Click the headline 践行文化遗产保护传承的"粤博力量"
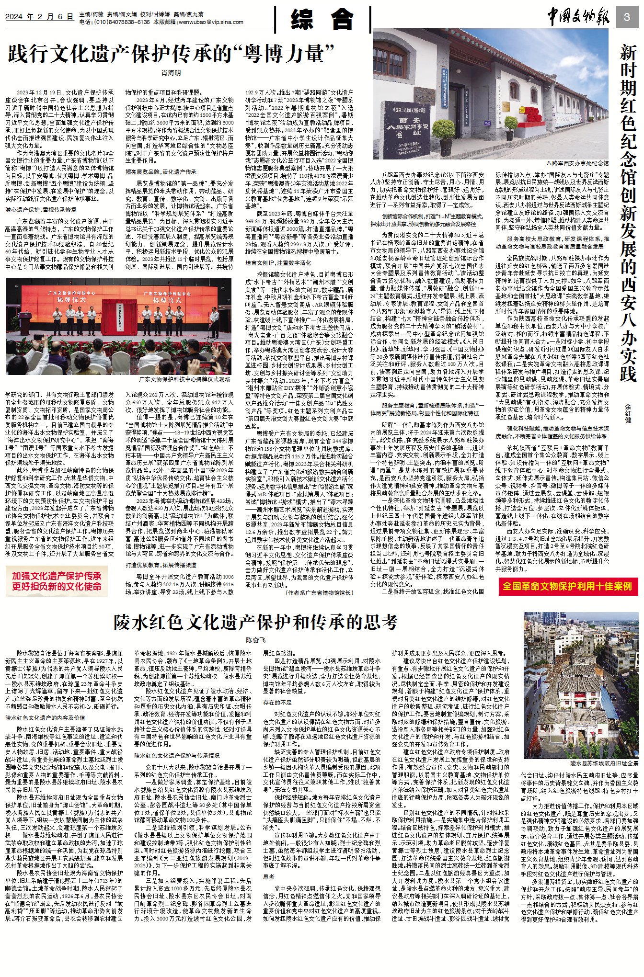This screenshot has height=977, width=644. tap(171, 54)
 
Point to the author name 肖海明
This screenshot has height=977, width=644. tap(171, 73)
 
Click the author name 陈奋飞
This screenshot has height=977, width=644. tap(255, 640)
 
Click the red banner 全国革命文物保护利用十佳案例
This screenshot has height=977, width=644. tap(567, 586)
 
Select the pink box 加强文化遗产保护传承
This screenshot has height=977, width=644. tap(57, 581)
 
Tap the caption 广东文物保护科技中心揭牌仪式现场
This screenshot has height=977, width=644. tap(184, 379)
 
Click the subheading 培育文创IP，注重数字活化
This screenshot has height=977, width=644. tap(278, 263)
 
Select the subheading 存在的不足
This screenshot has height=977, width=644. tap(277, 703)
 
